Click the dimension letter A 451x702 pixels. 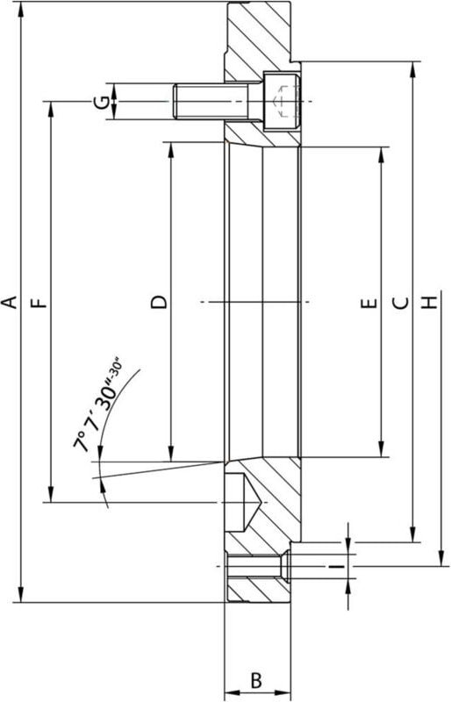(x=10, y=303)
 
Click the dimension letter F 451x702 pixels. (x=39, y=303)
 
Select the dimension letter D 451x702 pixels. (x=159, y=303)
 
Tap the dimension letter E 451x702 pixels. (x=369, y=304)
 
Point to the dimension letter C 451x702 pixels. (x=399, y=304)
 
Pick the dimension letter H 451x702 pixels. (x=429, y=304)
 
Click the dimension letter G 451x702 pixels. (x=104, y=102)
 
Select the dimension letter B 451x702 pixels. (x=256, y=680)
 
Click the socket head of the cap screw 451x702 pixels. (x=283, y=102)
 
